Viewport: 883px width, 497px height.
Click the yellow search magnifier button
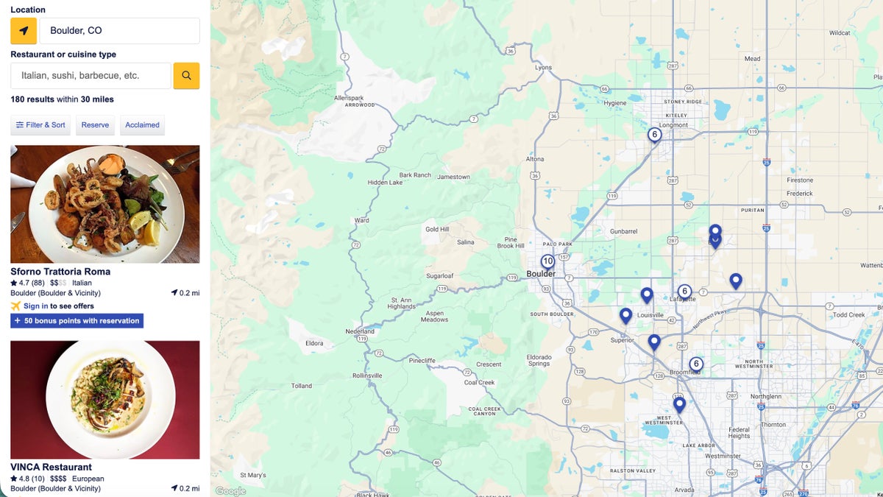point(186,76)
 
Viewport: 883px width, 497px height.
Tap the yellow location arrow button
point(24,31)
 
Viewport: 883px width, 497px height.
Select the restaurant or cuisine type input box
point(91,76)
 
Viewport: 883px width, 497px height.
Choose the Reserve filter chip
point(95,125)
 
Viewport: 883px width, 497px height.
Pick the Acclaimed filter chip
point(142,125)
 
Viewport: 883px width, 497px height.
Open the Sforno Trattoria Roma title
point(60,272)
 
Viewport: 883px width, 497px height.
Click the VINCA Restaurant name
point(51,467)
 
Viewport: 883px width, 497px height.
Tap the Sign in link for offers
point(36,306)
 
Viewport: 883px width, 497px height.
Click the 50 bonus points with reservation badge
point(77,321)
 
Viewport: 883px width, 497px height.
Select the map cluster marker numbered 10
point(547,261)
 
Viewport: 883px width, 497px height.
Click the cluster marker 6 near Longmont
point(654,135)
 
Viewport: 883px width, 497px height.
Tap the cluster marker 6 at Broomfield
point(696,364)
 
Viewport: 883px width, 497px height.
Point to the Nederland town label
point(361,331)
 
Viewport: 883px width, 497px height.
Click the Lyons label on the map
point(543,68)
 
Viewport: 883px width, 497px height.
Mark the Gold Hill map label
point(437,230)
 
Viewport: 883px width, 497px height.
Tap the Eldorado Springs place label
point(539,360)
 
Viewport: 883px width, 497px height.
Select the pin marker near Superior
point(625,316)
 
